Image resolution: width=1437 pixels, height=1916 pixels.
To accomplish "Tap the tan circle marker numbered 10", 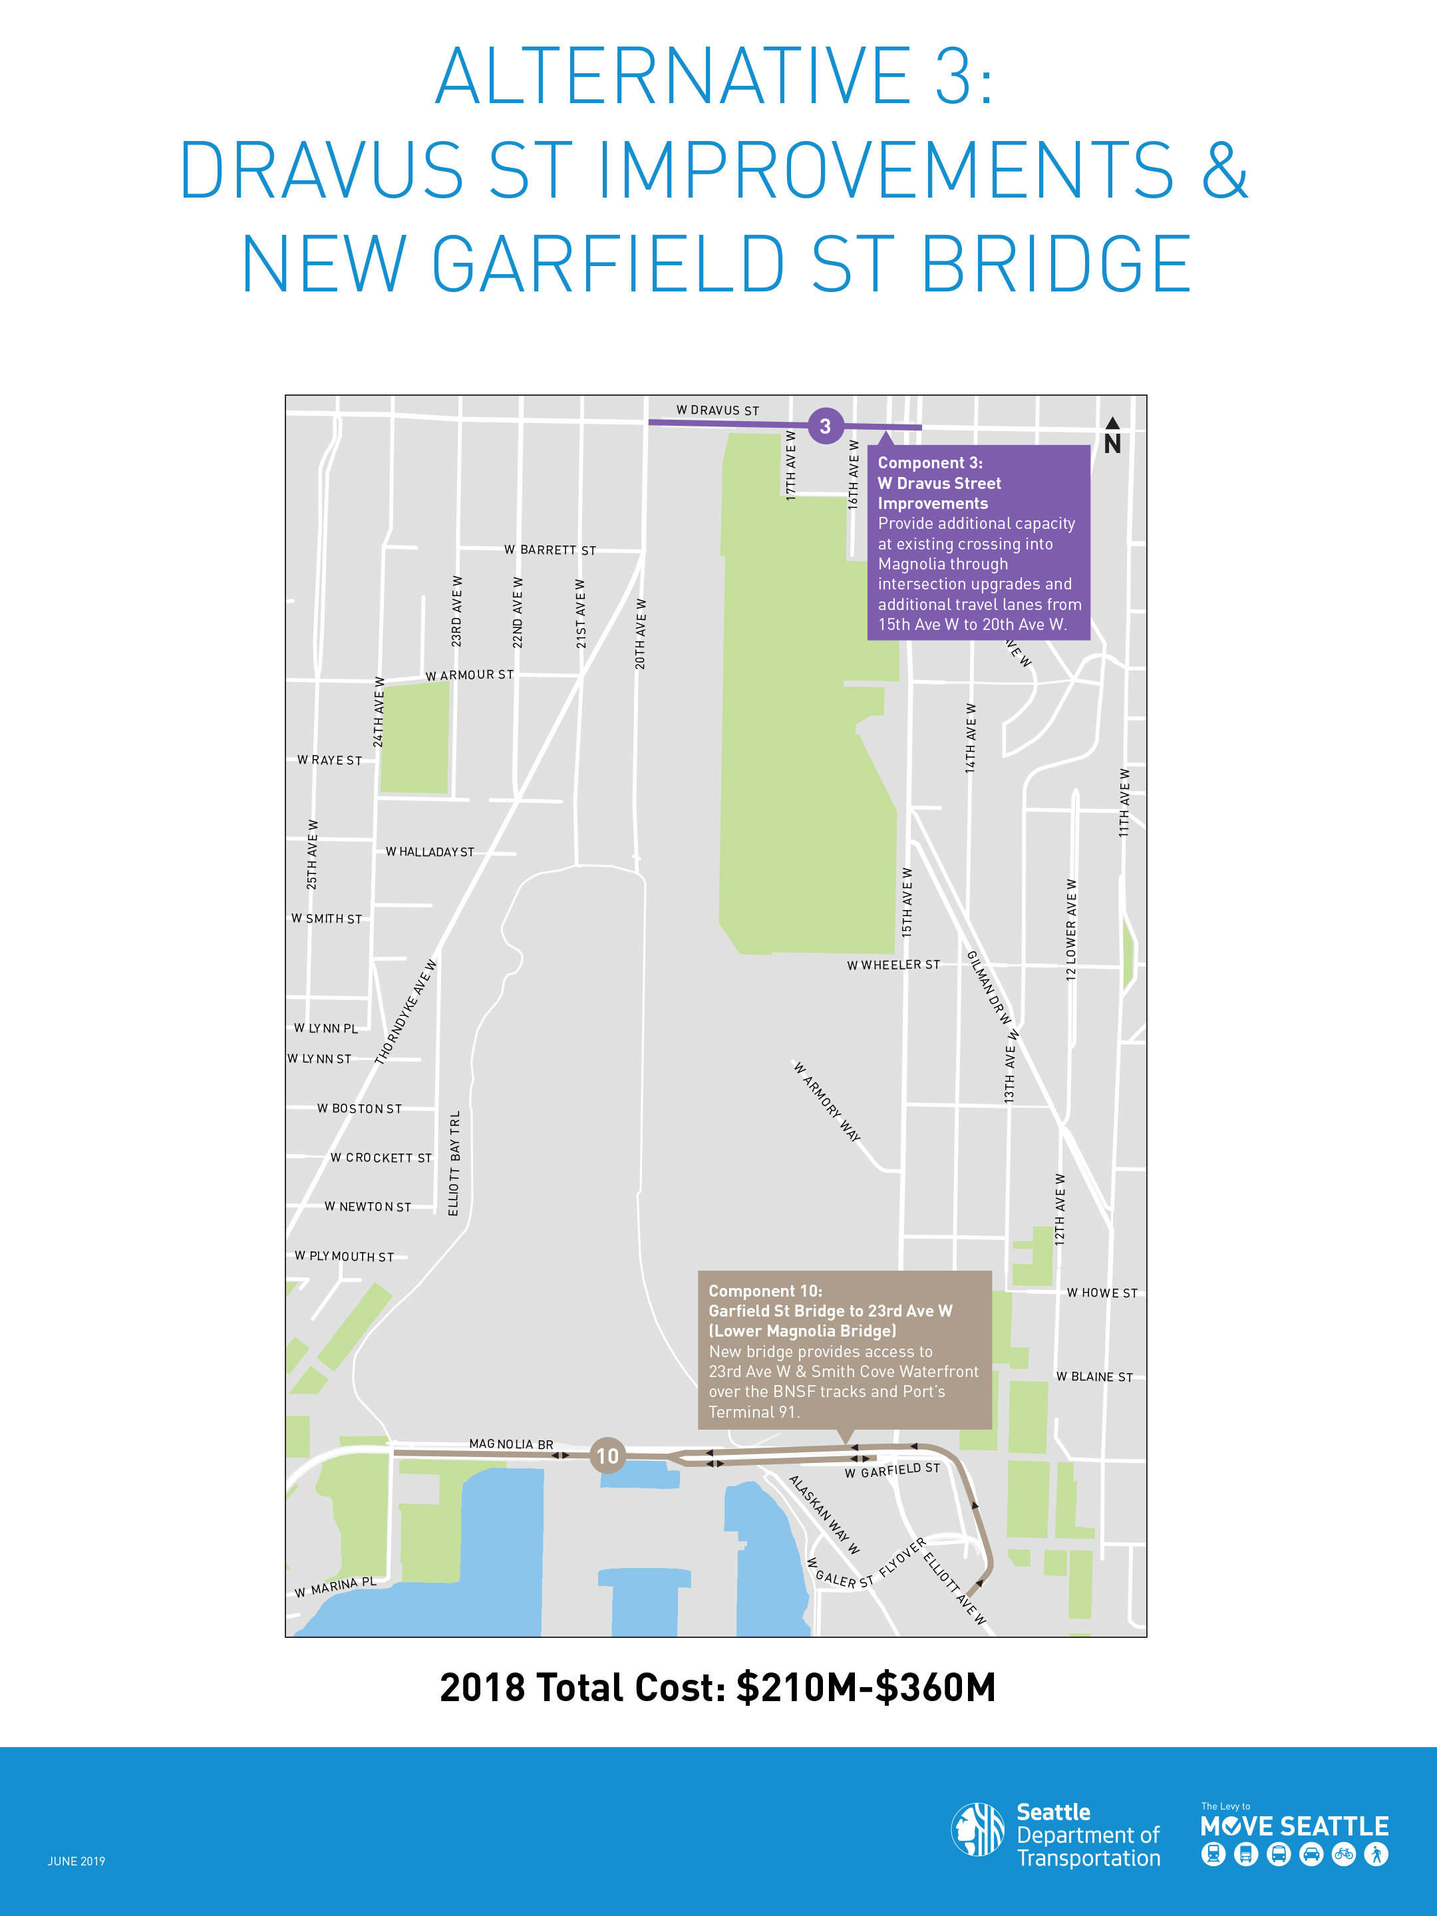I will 607,1456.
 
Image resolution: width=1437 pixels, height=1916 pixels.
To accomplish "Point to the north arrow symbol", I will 1112,436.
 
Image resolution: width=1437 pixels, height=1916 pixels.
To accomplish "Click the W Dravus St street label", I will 717,410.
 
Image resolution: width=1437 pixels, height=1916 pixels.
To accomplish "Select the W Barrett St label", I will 550,550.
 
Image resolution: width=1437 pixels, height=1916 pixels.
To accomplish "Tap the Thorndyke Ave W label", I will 406,1012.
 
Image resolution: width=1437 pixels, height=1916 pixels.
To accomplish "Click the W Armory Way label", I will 827,1102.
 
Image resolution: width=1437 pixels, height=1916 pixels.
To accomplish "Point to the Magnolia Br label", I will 511,1444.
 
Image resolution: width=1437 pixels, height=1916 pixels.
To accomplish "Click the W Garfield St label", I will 892,1471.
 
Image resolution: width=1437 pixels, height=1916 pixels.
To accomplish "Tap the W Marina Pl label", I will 335,1587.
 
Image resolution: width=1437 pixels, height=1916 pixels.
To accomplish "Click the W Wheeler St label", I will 893,965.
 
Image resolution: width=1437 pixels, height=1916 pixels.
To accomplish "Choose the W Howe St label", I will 1102,1293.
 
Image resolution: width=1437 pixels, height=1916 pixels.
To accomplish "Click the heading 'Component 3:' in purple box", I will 930,464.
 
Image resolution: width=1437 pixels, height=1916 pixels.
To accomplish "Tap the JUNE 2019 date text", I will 77,1861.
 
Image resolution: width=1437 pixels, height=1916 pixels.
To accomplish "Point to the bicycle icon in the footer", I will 1343,1855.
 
